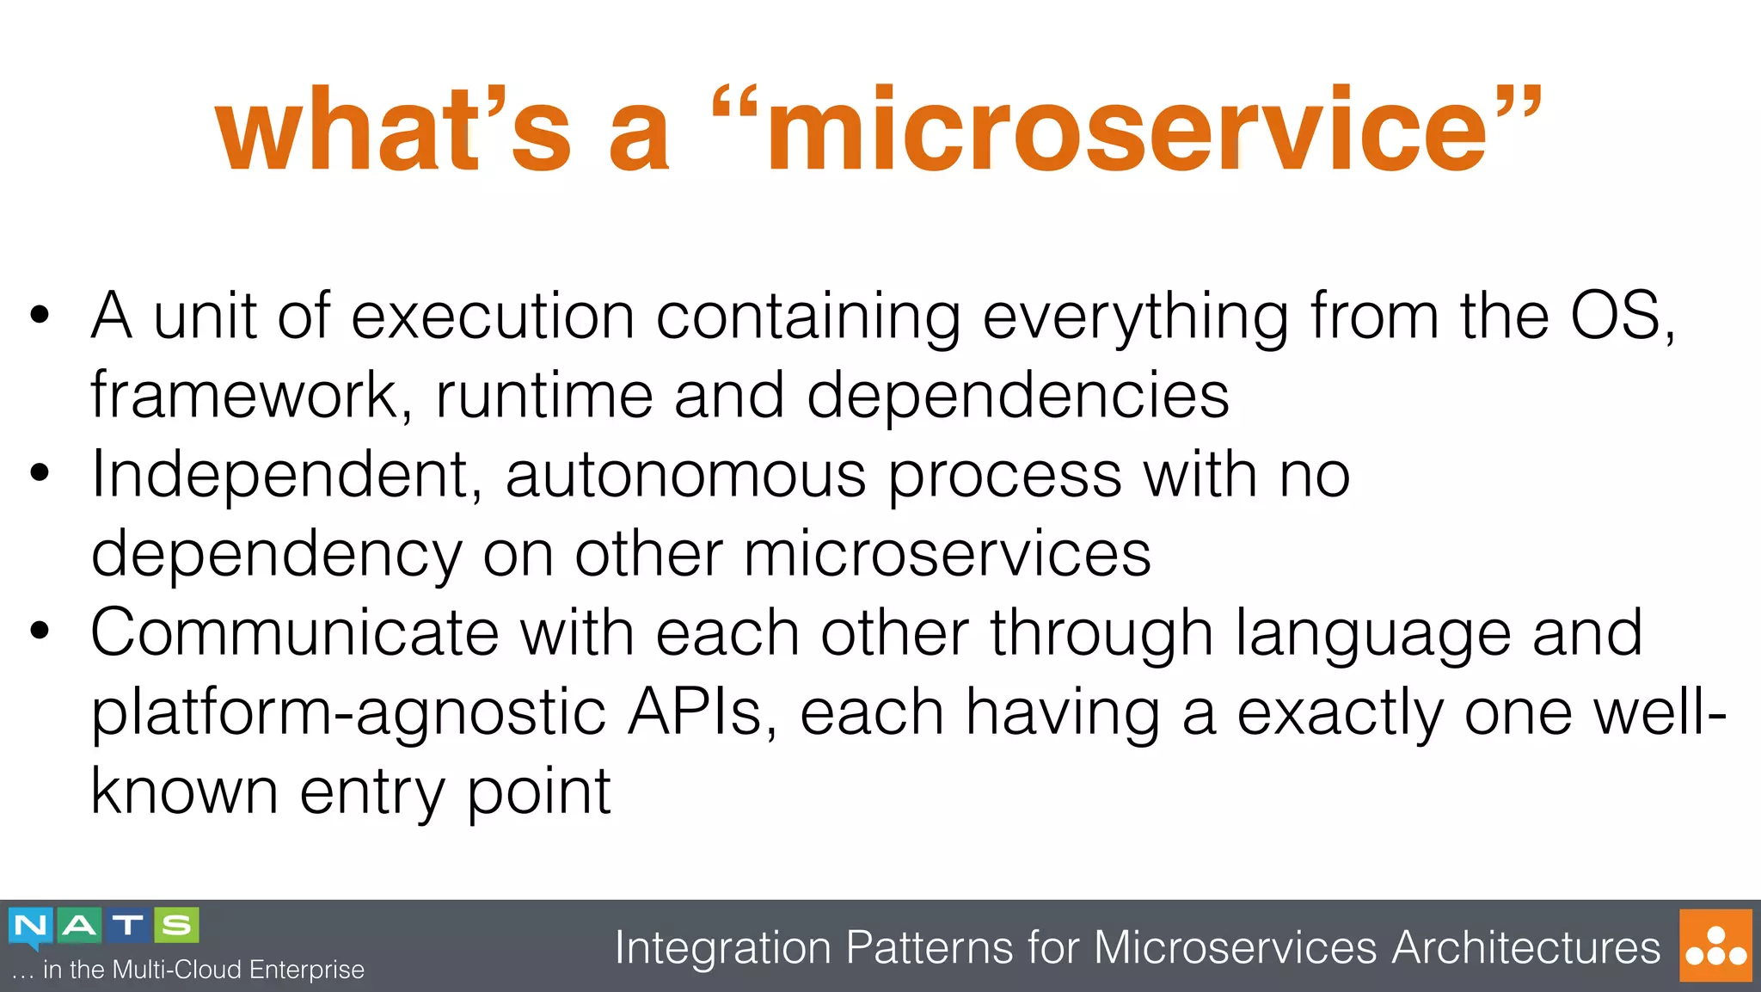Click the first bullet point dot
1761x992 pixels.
[x=40, y=314]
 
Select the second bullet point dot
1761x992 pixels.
[x=40, y=472]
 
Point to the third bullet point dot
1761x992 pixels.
[x=40, y=631]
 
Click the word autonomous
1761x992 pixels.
[x=685, y=476]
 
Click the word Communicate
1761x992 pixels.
[x=294, y=633]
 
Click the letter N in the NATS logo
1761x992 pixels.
[x=32, y=927]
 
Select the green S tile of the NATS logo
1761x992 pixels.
[x=176, y=926]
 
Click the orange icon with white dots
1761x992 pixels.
[x=1715, y=946]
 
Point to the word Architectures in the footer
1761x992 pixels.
[x=1525, y=948]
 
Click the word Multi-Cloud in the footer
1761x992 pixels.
[x=177, y=970]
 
